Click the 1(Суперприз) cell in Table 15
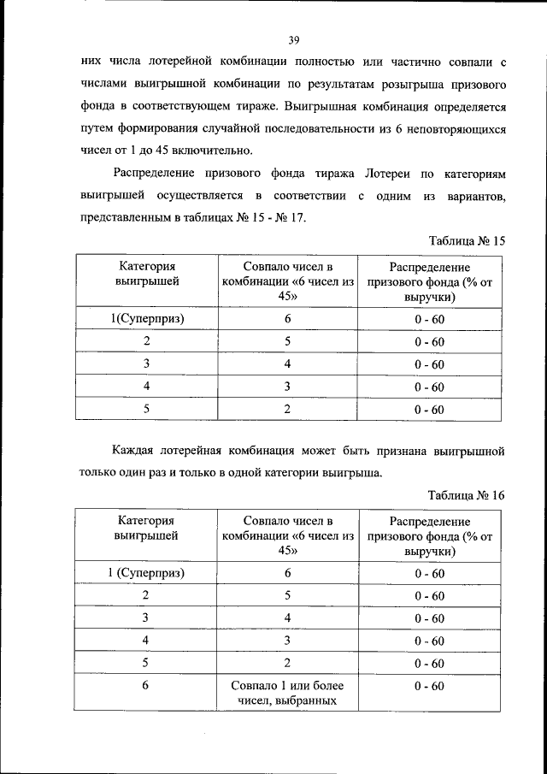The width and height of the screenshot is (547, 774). point(147,319)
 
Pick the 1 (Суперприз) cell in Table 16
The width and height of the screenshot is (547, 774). point(147,573)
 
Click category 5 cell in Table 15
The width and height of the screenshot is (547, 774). point(147,409)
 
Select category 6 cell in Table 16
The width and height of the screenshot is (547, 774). point(147,686)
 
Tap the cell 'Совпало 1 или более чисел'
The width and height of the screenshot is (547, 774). point(287,694)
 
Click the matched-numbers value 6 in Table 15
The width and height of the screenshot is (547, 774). point(288,319)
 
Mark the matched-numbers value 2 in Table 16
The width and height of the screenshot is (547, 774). point(288,663)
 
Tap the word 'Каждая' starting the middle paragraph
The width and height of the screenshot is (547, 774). point(138,449)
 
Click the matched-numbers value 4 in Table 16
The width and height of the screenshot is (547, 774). point(288,617)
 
